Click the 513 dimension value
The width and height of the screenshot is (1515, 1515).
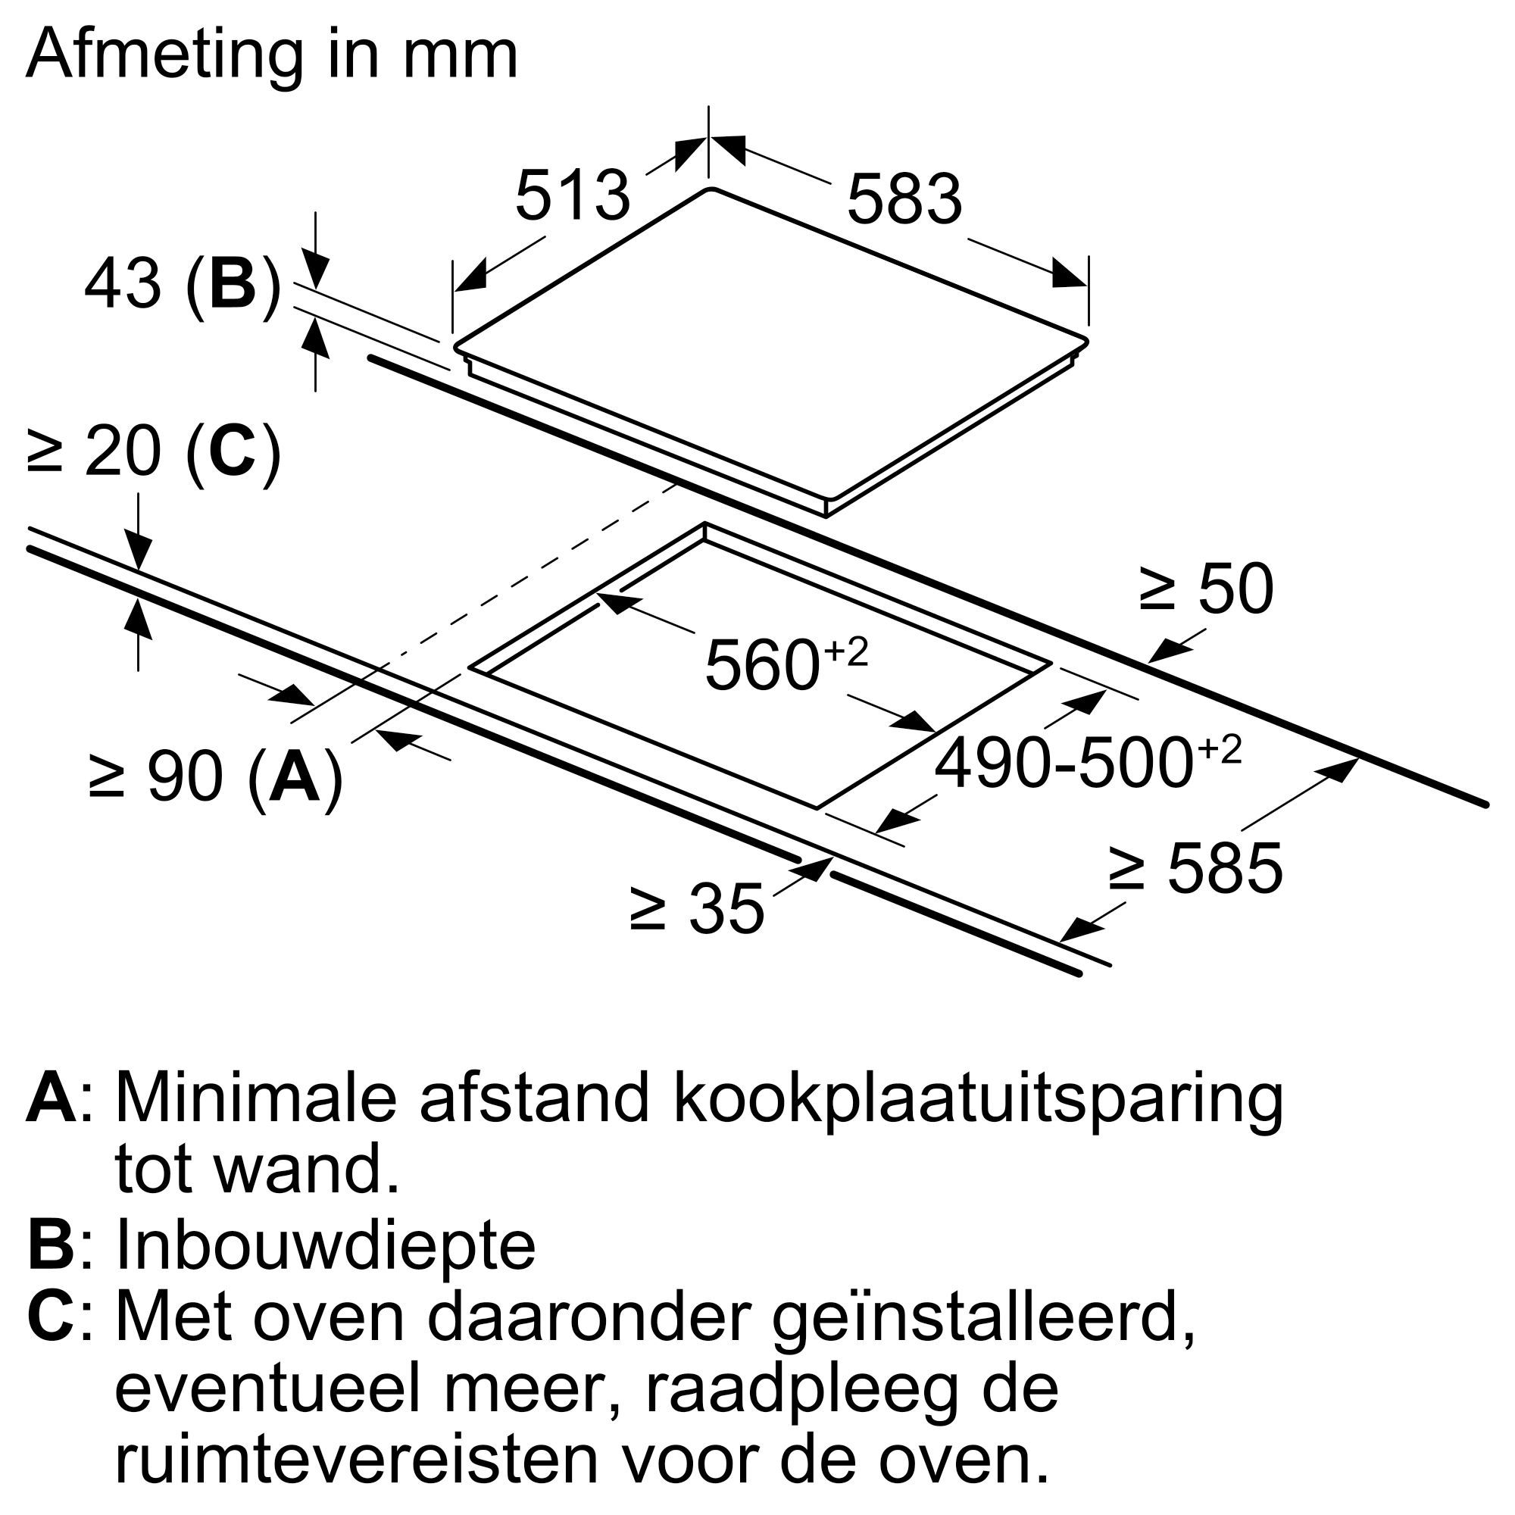tap(573, 195)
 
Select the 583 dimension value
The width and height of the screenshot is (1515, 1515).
tap(904, 199)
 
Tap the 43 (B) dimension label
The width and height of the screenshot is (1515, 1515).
tap(182, 284)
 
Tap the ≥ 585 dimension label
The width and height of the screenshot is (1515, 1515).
tap(1195, 868)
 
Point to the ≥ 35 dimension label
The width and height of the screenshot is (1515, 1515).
tap(696, 909)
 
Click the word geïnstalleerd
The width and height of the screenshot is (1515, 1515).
tap(983, 1318)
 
